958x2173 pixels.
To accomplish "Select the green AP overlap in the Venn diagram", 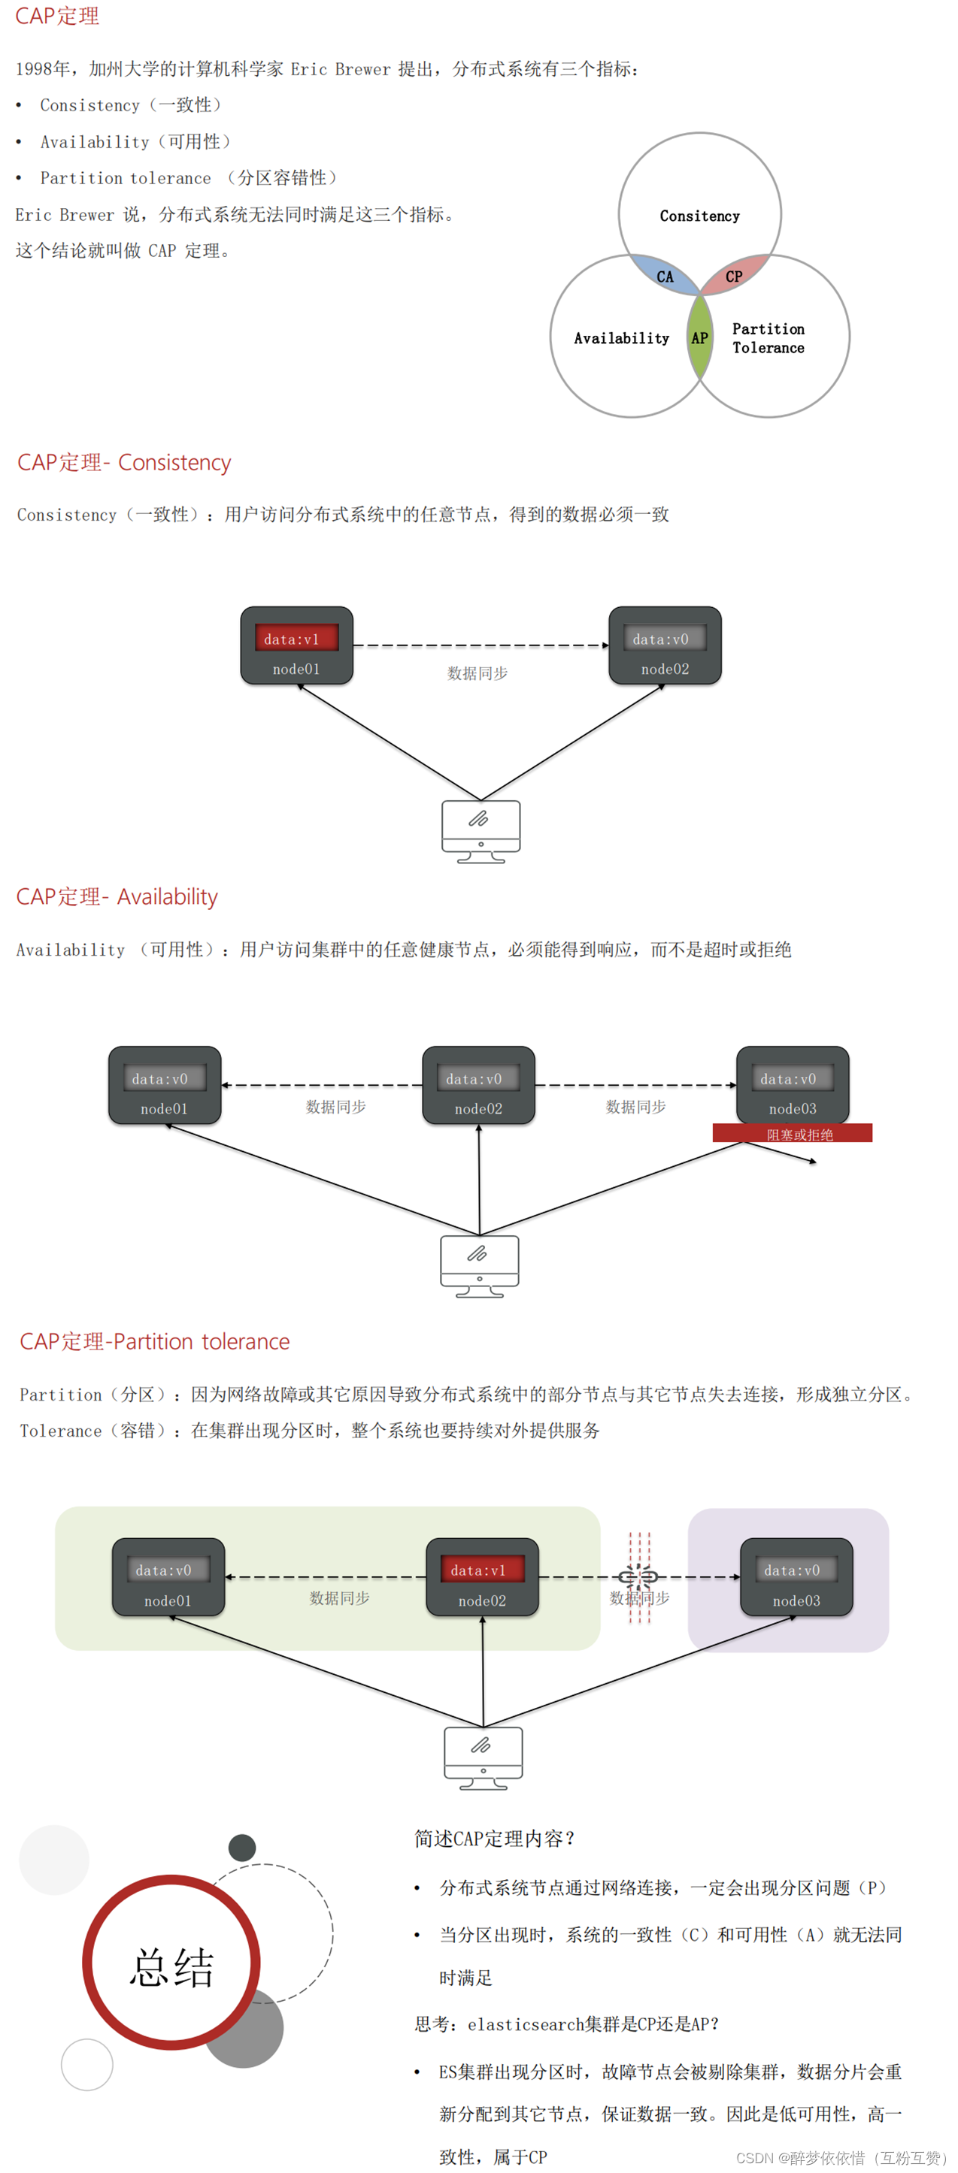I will click(700, 338).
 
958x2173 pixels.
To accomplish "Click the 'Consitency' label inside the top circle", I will click(700, 216).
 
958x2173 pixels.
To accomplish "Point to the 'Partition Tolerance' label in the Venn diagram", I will click(768, 338).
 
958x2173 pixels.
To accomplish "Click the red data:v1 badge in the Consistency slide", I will click(296, 639).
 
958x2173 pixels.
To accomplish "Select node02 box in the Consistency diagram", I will click(665, 646).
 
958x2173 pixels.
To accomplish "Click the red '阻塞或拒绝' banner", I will click(792, 1134).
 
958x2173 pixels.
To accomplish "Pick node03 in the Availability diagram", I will click(793, 1086).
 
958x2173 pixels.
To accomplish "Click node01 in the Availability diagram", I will click(165, 1086).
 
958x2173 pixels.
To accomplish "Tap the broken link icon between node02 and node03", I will click(639, 1576).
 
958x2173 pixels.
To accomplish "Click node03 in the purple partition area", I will click(796, 1576).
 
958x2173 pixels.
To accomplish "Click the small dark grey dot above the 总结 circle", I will click(242, 1848).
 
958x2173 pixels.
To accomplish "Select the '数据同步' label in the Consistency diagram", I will click(477, 673).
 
